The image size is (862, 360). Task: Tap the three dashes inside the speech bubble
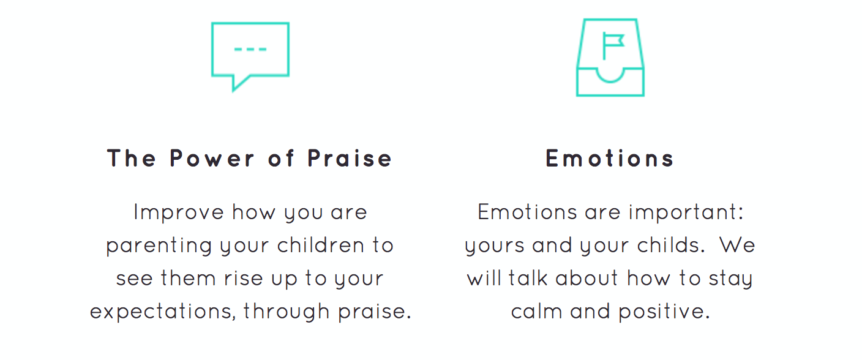coord(250,49)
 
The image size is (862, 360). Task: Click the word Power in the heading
coord(212,158)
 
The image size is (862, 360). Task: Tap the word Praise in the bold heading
coord(350,158)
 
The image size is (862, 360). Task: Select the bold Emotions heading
coord(610,158)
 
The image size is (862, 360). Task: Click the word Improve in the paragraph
coord(179,212)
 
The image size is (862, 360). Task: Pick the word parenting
coord(159,246)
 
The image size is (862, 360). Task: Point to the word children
coord(320,246)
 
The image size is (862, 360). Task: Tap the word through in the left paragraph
coord(287,312)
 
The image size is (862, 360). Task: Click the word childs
coord(671,246)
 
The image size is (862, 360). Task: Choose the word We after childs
coord(737,246)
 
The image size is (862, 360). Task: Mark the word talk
coord(528,278)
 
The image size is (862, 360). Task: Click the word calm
coord(536,311)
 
